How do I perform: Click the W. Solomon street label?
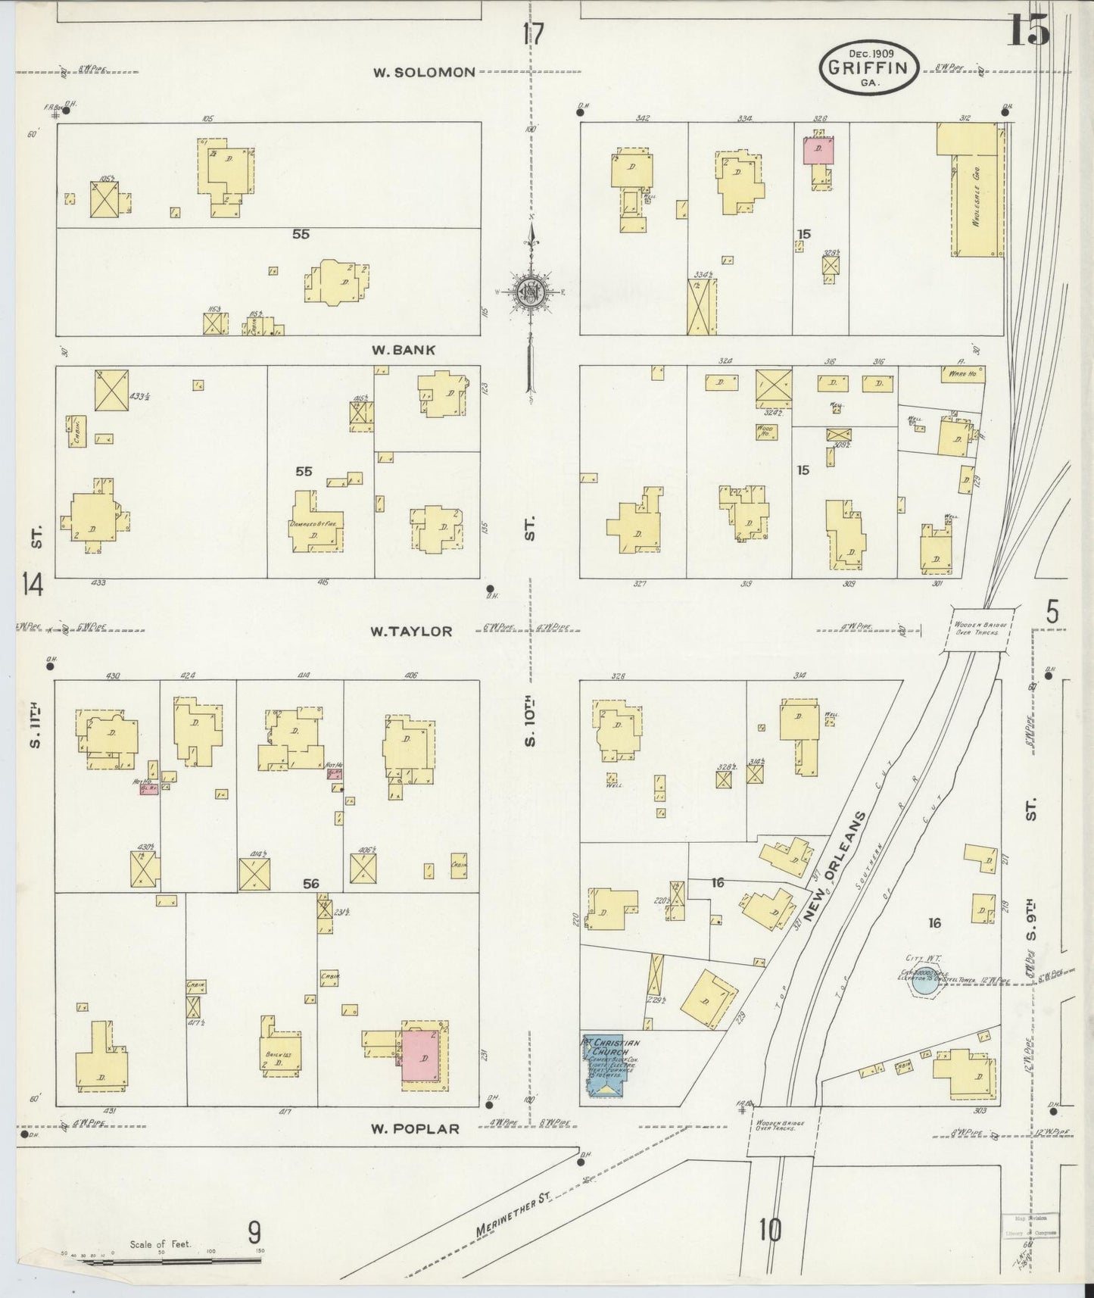tap(424, 73)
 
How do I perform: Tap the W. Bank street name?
tap(404, 350)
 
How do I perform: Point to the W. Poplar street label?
tap(415, 1128)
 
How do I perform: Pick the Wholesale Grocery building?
tap(969, 189)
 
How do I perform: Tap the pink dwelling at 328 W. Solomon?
tap(818, 150)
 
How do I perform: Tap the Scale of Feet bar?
tap(167, 1261)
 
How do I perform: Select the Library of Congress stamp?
tap(1030, 1226)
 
